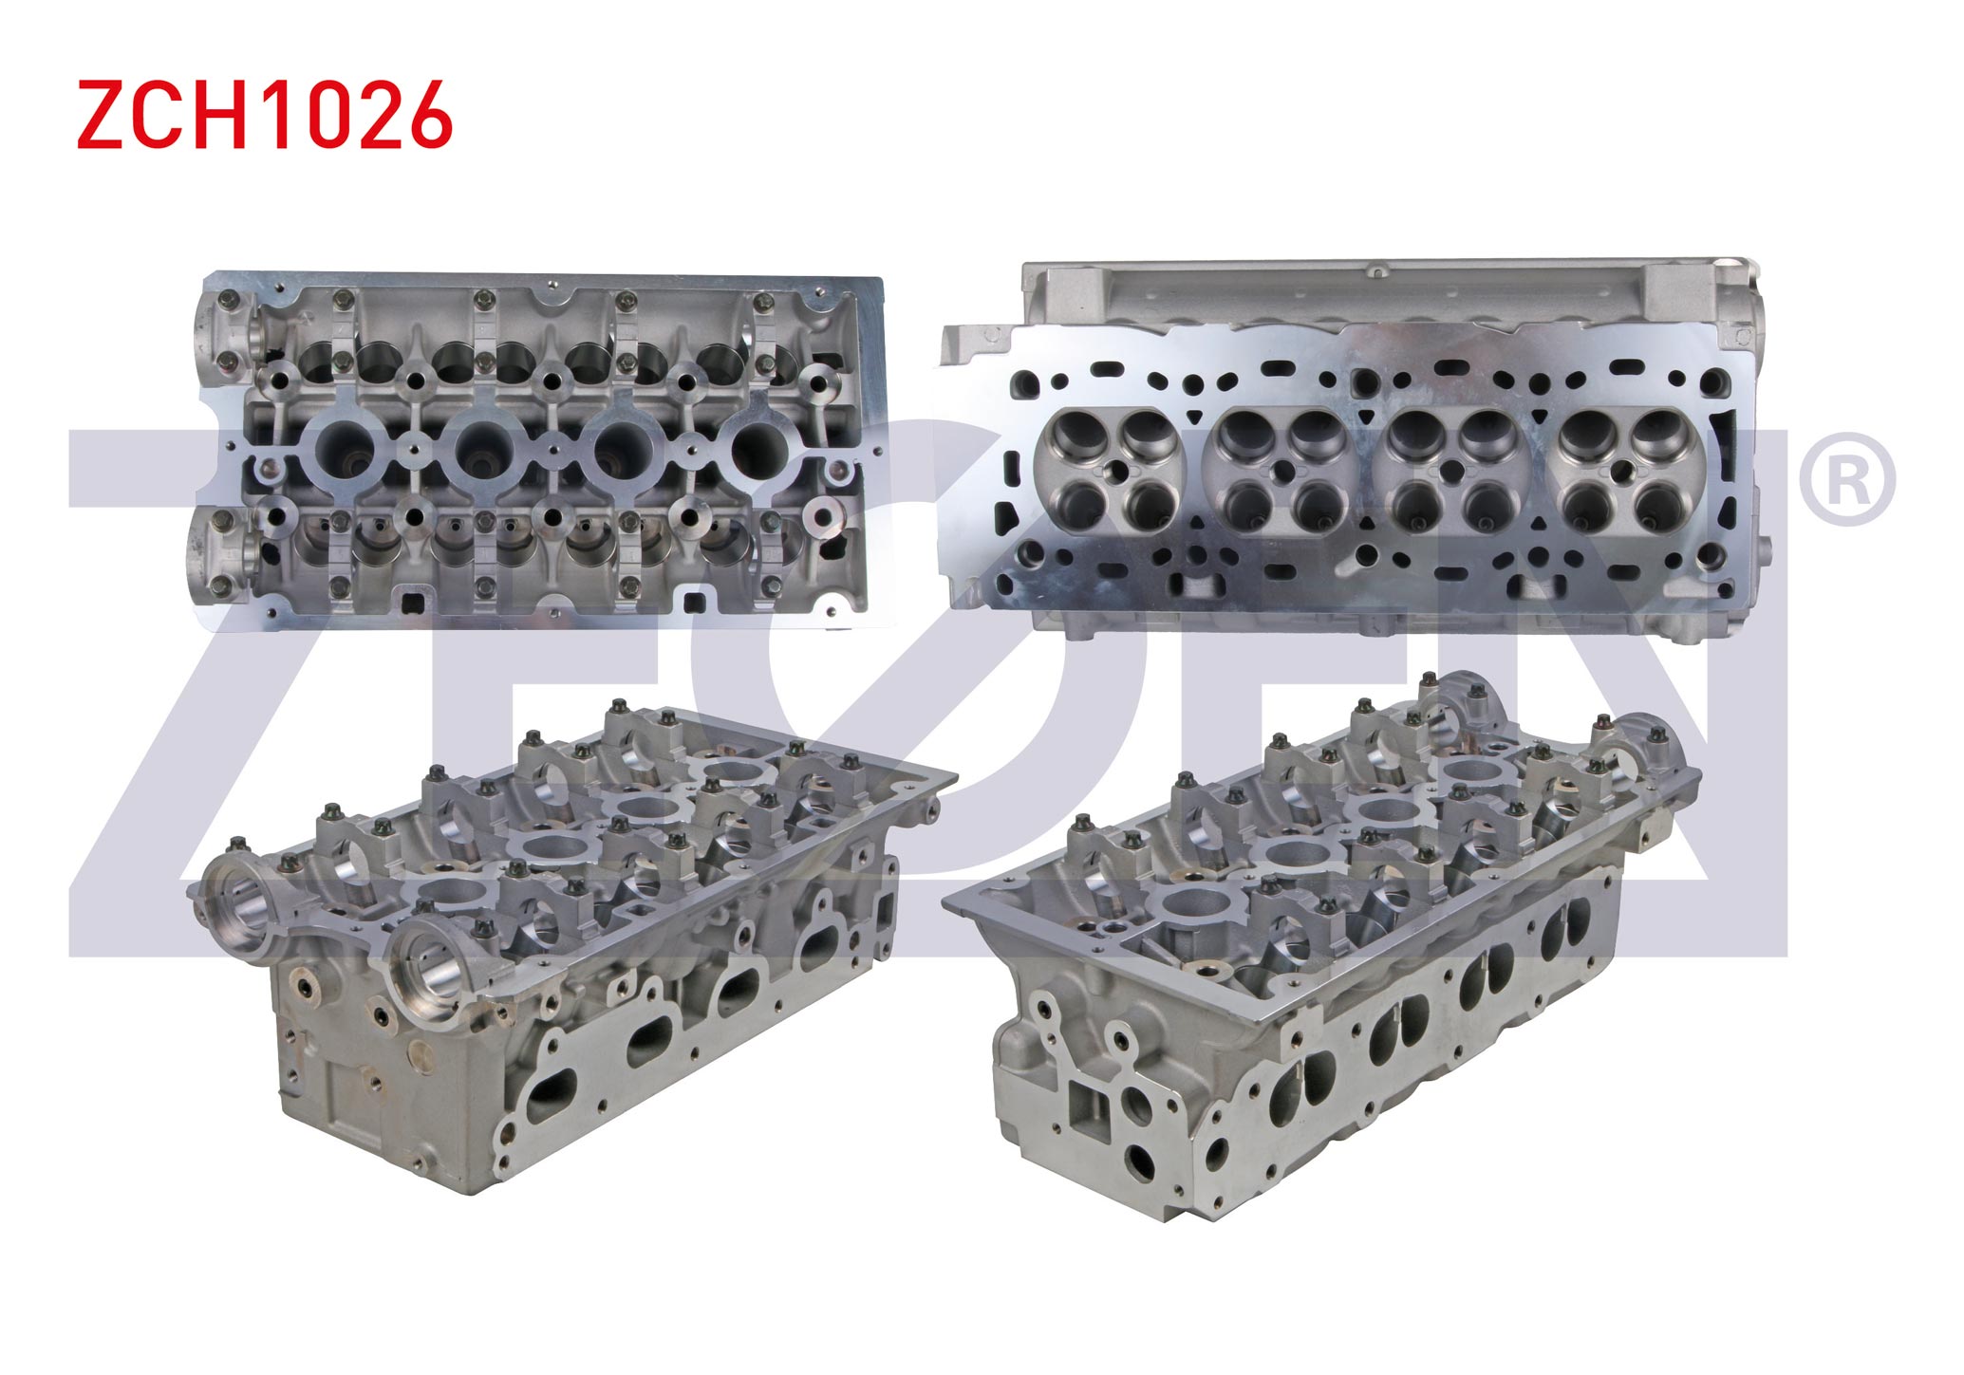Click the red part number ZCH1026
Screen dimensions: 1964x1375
coord(264,114)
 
